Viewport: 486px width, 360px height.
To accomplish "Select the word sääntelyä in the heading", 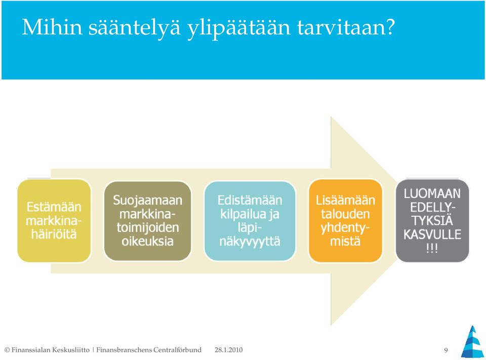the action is click(x=134, y=28).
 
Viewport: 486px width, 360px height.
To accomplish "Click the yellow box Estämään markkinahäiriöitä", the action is click(x=54, y=220).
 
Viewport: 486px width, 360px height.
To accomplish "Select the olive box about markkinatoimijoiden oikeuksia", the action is click(x=147, y=220).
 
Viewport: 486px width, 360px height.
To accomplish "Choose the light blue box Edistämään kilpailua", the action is click(x=250, y=220).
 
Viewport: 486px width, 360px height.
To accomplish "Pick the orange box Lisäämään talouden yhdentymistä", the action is click(x=345, y=220).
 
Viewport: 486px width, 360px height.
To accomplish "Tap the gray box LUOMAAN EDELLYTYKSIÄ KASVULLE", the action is click(x=432, y=220).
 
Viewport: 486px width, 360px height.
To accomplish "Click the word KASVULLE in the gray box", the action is click(x=432, y=234).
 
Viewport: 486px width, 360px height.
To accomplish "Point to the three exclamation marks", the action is click(x=432, y=248).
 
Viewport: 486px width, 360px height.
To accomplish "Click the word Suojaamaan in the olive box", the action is click(x=147, y=201).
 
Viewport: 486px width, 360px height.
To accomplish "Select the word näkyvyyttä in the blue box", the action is click(x=250, y=242).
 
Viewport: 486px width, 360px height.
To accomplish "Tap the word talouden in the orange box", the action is click(x=345, y=214).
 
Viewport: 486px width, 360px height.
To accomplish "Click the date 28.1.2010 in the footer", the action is click(x=229, y=350).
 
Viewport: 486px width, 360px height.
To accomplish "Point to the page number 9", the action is click(x=446, y=350).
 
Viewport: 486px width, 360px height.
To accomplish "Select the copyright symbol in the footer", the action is click(x=7, y=350).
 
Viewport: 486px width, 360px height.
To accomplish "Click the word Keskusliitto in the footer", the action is click(x=71, y=350).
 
